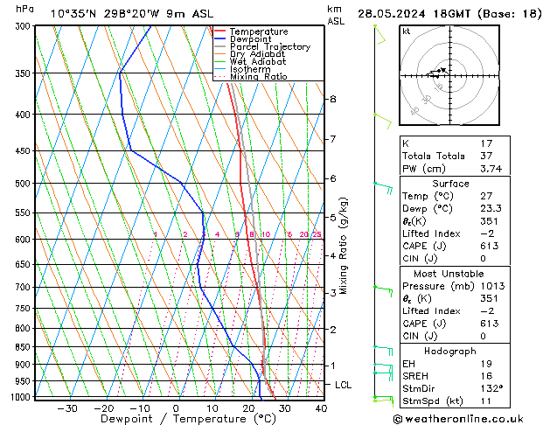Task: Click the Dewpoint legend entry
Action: pyautogui.click(x=250, y=39)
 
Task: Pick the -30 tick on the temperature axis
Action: pyautogui.click(x=66, y=408)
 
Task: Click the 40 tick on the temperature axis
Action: pyautogui.click(x=321, y=408)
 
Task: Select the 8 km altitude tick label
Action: pyautogui.click(x=333, y=99)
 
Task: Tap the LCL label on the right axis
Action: pyautogui.click(x=344, y=385)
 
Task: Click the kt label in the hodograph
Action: pyautogui.click(x=406, y=31)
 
